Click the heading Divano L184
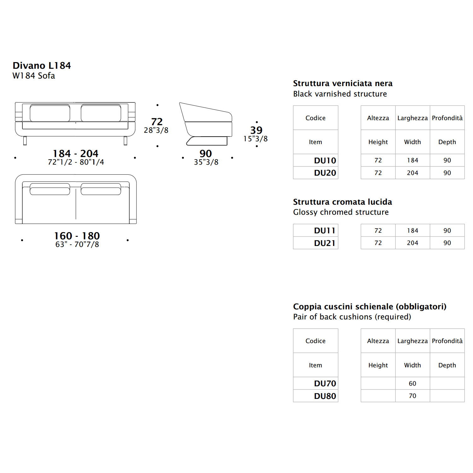(42, 66)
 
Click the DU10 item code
(325, 161)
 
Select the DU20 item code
(325, 173)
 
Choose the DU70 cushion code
(325, 383)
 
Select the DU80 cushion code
(325, 396)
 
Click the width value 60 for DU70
(412, 383)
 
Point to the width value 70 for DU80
(412, 396)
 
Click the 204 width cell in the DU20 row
(412, 173)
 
